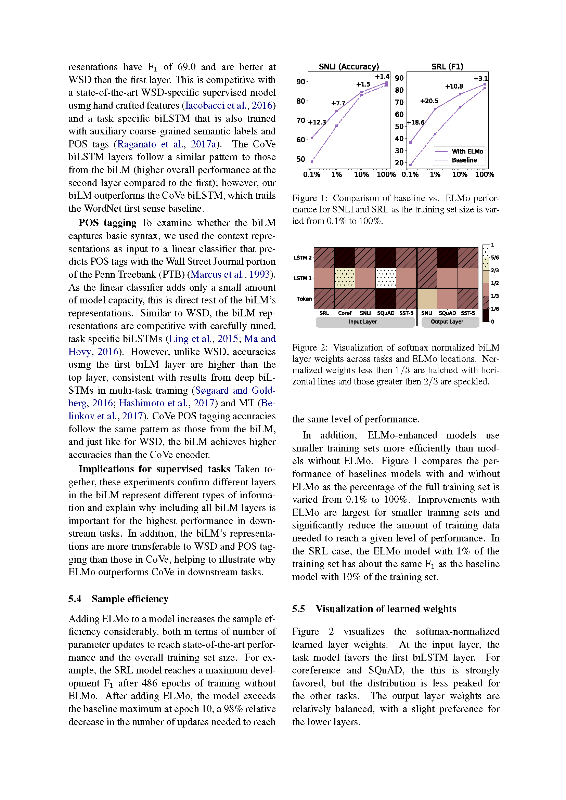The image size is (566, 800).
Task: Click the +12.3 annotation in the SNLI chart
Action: coord(317,122)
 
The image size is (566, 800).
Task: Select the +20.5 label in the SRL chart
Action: coord(429,101)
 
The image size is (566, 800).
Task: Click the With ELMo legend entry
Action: coord(467,151)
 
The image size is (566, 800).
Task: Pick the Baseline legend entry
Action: coord(464,160)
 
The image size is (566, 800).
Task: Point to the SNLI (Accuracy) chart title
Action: coord(348,67)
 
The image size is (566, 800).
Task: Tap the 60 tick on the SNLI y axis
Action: coord(300,140)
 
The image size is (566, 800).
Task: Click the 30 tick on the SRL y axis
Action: coord(399,150)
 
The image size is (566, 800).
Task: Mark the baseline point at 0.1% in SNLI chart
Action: coord(312,161)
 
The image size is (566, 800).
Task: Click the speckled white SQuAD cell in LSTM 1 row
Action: coord(386,278)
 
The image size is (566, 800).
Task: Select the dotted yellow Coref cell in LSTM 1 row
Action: coord(345,278)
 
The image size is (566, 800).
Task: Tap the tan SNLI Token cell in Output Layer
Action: coord(427,299)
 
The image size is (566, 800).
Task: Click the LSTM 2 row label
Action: coord(302,258)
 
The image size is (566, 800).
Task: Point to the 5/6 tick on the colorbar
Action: coord(495,258)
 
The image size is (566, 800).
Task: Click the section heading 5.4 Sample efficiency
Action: coord(118,599)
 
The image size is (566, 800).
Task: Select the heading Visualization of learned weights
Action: coord(385,609)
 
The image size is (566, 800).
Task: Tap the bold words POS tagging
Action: coord(107,223)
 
